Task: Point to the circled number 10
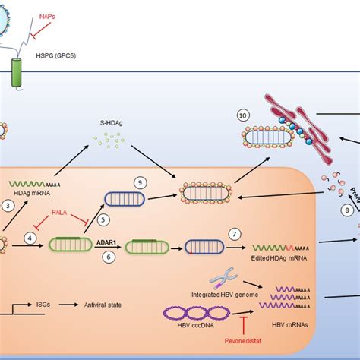click(242, 116)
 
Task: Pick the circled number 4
click(30, 238)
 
